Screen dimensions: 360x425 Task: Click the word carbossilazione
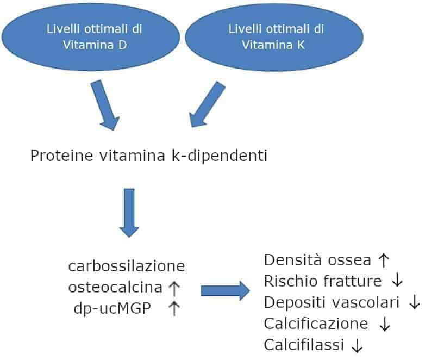127,266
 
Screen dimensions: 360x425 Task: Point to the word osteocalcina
115,287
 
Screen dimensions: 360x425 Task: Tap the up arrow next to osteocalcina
174,287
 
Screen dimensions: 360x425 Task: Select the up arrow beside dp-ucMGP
174,308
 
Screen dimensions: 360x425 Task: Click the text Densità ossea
318,260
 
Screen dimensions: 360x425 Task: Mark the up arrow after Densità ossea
384,260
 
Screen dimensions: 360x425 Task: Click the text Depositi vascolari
332,302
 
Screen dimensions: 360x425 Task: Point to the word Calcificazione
316,324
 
